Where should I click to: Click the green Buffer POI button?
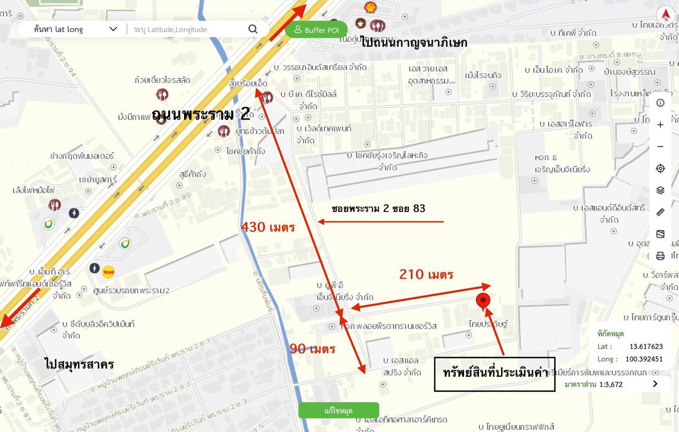pyautogui.click(x=316, y=30)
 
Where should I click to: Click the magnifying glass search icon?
pyautogui.click(x=253, y=29)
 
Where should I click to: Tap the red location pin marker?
pyautogui.click(x=482, y=301)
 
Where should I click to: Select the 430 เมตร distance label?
pyautogui.click(x=268, y=227)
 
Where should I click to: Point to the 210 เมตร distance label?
pyautogui.click(x=426, y=274)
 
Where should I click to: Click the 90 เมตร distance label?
pyautogui.click(x=312, y=349)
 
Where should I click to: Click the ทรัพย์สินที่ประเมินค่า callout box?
pyautogui.click(x=494, y=374)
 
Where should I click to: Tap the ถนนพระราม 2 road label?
pyautogui.click(x=201, y=114)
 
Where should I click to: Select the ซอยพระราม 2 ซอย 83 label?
pyautogui.click(x=378, y=208)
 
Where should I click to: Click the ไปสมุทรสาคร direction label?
pyautogui.click(x=79, y=364)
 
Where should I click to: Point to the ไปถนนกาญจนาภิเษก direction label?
pyautogui.click(x=414, y=43)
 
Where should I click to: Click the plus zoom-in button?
pyautogui.click(x=660, y=125)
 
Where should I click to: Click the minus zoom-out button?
pyautogui.click(x=660, y=147)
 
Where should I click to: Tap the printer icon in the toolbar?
pyautogui.click(x=660, y=256)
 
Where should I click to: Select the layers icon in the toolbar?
pyautogui.click(x=660, y=190)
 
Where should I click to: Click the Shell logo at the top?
pyautogui.click(x=371, y=7)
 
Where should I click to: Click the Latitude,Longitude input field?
pyautogui.click(x=188, y=29)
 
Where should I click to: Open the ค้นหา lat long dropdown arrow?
pyautogui.click(x=113, y=29)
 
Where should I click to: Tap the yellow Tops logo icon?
pyautogui.click(x=108, y=272)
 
